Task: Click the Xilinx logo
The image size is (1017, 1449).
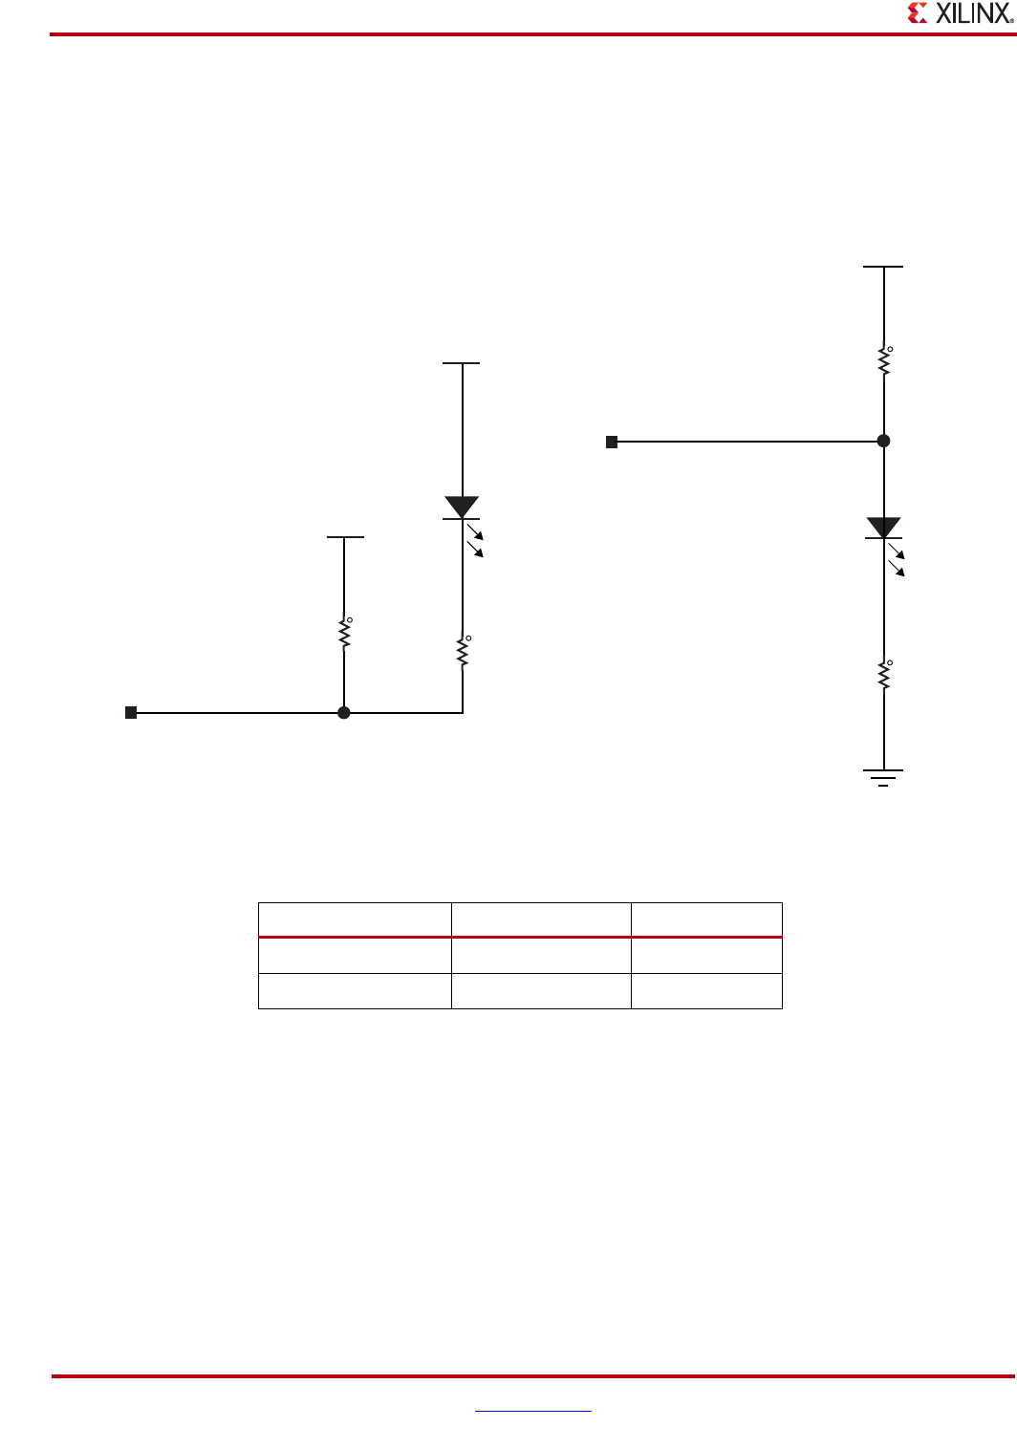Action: click(x=959, y=13)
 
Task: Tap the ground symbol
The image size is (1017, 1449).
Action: click(x=883, y=777)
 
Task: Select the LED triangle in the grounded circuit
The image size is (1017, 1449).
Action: click(x=883, y=528)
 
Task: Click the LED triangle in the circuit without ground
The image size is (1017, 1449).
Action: click(x=462, y=508)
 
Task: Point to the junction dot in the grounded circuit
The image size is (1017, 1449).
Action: click(x=883, y=441)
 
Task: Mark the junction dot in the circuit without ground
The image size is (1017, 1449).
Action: click(x=344, y=712)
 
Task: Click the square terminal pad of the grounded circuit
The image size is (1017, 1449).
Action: click(x=612, y=442)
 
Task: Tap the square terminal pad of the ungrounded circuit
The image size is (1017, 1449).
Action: click(x=132, y=712)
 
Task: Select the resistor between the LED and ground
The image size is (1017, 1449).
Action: click(x=884, y=675)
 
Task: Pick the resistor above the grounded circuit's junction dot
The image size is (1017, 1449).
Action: click(x=884, y=361)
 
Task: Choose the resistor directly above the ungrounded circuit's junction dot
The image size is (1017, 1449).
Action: click(x=344, y=633)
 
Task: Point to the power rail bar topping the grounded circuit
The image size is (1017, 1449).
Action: click(x=883, y=267)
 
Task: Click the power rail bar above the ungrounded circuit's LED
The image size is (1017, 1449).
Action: click(x=462, y=363)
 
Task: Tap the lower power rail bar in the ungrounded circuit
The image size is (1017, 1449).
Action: click(x=345, y=537)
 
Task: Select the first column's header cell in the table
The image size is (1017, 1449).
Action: click(x=355, y=919)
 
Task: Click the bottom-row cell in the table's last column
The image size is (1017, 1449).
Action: click(x=706, y=991)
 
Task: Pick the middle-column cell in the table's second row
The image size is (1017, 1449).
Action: click(x=541, y=956)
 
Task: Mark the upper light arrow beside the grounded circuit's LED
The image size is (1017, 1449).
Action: click(x=897, y=551)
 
